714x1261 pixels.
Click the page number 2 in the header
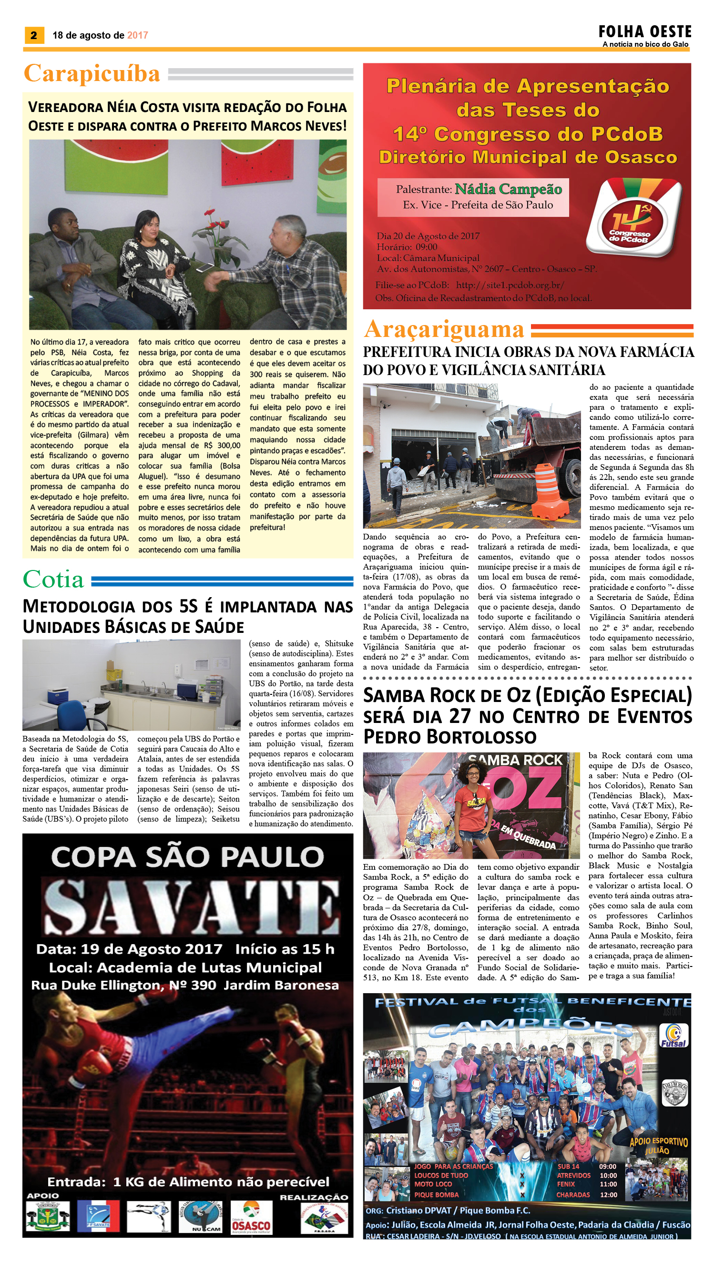coord(33,35)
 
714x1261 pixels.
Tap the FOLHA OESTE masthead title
coord(644,32)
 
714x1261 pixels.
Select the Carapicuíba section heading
coord(92,73)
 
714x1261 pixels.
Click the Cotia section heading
coord(53,580)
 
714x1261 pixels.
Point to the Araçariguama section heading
coord(444,329)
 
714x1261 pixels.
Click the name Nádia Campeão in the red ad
coord(508,189)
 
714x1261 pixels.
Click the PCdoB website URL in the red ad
coord(510,285)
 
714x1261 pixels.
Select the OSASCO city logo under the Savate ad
coord(251,1217)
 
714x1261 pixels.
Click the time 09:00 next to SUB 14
coord(608,1166)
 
